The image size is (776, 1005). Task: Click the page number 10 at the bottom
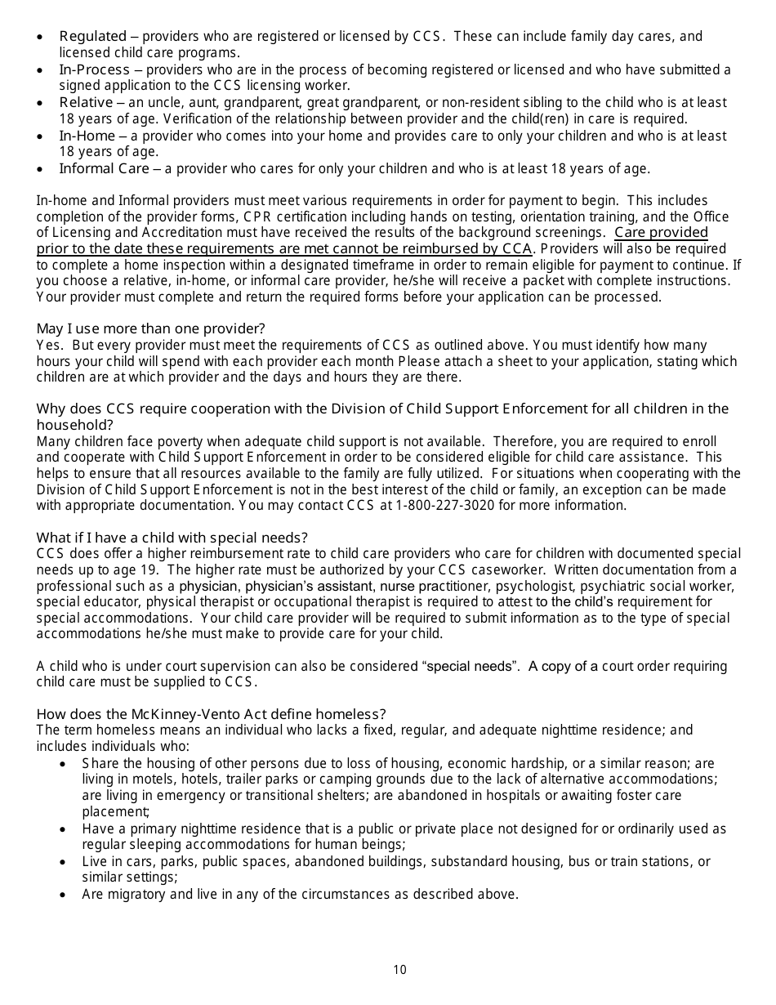click(x=399, y=970)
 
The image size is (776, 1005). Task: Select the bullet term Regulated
click(x=92, y=37)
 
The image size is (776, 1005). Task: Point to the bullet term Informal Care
click(x=104, y=169)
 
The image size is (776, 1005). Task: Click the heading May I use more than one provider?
click(x=150, y=328)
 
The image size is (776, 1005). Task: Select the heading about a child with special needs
click(x=172, y=538)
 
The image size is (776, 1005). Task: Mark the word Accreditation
click(x=149, y=233)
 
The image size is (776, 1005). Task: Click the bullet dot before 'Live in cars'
click(x=64, y=861)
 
